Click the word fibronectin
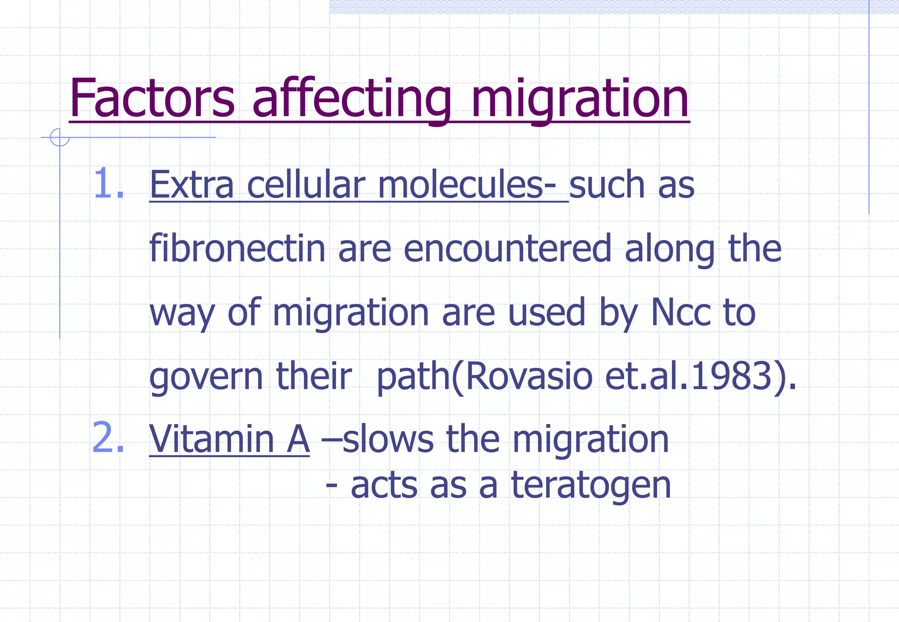(237, 248)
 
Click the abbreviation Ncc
(681, 312)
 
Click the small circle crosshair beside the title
(60, 137)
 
